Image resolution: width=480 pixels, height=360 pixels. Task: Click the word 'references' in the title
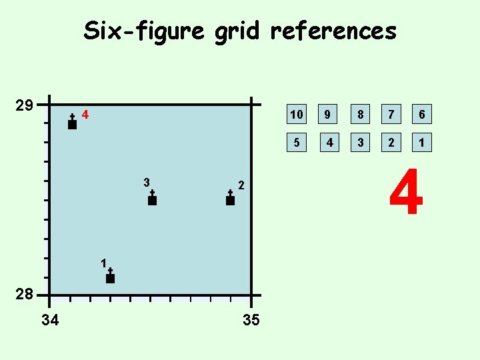coord(333,31)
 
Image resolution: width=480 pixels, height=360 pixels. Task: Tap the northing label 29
coord(25,105)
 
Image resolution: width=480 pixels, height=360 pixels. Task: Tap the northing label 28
coord(25,295)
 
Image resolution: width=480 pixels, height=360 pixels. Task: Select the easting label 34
coord(50,321)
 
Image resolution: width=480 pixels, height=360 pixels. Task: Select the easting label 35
coord(251,321)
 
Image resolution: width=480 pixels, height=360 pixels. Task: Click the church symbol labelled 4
coord(72,122)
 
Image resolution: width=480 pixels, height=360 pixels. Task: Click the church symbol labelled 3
coord(152,198)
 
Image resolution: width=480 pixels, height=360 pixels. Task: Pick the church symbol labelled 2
coord(230,198)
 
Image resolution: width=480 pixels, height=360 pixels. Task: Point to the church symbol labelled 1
coord(110,276)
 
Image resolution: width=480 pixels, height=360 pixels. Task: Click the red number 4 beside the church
coord(85,115)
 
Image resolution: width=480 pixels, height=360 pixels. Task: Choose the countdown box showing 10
coord(296,115)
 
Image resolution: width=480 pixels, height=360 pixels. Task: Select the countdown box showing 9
coord(327,115)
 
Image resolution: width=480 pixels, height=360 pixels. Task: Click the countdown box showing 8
coord(360,115)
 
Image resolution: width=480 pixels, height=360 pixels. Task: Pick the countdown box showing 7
coord(392,115)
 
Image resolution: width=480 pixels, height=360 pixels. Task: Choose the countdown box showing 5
coord(296,142)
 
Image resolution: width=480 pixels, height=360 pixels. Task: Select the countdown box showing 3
coord(360,142)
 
